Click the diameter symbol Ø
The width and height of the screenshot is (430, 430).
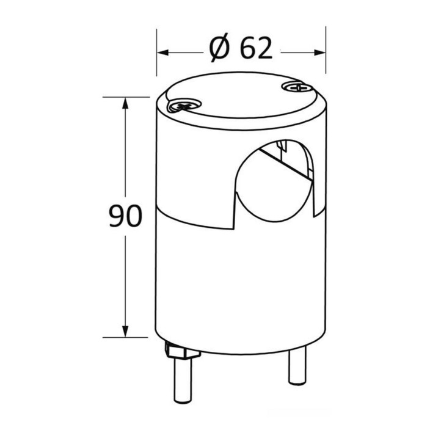[x=219, y=48]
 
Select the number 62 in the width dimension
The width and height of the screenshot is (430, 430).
[x=257, y=48]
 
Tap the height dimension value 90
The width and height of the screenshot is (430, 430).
[x=126, y=216]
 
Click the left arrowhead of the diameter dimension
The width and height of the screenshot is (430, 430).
[x=162, y=53]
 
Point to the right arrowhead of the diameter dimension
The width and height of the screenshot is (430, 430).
[x=320, y=53]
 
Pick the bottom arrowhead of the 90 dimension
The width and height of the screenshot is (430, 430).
[x=125, y=332]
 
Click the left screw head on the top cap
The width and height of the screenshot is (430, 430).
[x=184, y=105]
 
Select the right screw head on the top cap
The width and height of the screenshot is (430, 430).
[x=297, y=87]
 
